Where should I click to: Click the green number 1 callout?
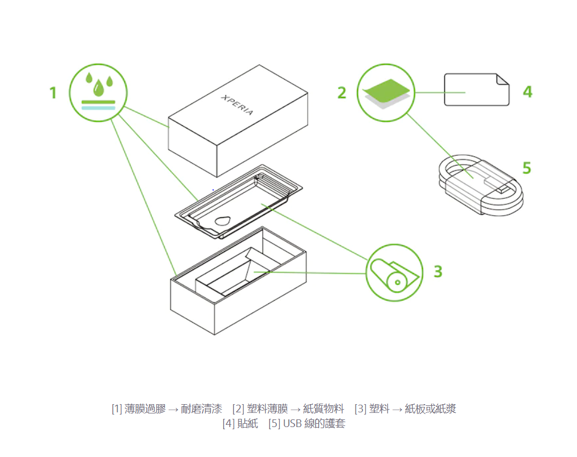53,93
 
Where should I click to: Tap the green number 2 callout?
342,93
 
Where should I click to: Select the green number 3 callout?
438,272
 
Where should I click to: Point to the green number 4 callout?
527,92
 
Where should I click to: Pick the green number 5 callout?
527,168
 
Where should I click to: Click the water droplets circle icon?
98,93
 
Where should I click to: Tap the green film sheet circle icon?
386,93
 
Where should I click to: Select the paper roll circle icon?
395,273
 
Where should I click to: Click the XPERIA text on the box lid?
237,105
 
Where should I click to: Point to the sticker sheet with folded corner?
476,89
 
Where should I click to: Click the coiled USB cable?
481,185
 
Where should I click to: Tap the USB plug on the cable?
499,185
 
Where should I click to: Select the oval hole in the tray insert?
223,221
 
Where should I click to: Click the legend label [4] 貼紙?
240,423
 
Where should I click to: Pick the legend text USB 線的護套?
314,423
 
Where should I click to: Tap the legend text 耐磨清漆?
201,409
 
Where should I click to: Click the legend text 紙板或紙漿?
431,409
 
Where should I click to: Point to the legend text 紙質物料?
323,409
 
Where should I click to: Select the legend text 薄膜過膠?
145,409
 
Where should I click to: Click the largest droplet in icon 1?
98,88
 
